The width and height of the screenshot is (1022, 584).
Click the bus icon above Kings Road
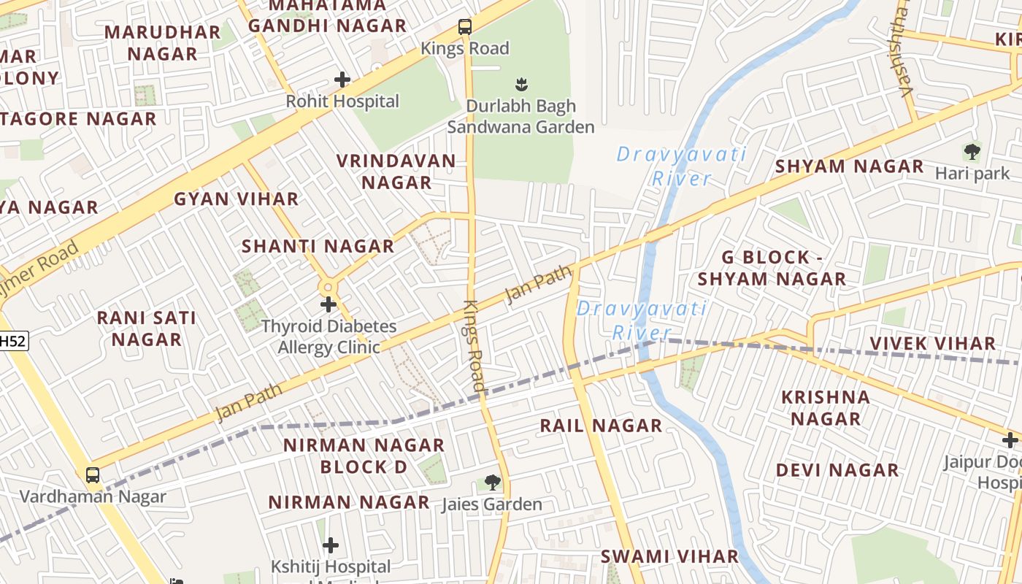465,28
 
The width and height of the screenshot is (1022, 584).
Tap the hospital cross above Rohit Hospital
342,79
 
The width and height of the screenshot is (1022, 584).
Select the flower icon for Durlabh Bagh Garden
521,84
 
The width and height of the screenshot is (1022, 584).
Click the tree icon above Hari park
972,152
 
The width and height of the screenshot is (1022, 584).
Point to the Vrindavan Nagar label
396,172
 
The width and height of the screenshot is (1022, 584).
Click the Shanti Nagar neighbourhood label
318,246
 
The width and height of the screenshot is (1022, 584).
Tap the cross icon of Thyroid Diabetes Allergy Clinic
328,304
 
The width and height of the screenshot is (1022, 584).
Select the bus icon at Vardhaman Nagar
93,475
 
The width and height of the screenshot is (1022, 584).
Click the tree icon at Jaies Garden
493,482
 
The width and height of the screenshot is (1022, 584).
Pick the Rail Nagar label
601,426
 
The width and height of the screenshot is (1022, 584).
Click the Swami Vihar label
669,556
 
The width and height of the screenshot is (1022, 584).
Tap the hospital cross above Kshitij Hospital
331,545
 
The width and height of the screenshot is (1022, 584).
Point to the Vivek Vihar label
932,343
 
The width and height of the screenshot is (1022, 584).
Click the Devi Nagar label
837,470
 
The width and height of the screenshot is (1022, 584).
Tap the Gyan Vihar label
236,199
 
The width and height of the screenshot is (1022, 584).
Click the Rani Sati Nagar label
147,328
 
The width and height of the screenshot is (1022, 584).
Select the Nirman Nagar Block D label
364,456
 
